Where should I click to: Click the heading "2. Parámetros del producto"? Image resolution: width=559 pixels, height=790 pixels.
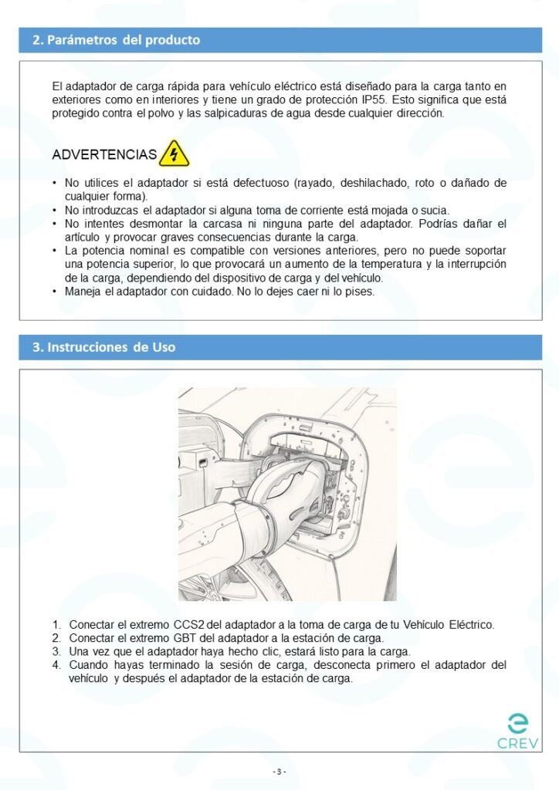pos(116,40)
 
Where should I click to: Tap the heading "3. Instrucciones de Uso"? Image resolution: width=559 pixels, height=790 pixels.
pos(103,347)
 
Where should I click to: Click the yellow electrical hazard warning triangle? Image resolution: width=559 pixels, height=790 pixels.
pos(174,154)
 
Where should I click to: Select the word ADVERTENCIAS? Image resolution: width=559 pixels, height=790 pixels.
pos(104,155)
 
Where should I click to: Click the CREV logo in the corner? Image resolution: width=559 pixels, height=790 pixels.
pos(518,732)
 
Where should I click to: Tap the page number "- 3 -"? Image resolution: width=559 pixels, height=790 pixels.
pos(279,771)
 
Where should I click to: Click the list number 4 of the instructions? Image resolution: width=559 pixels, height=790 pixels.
pos(56,665)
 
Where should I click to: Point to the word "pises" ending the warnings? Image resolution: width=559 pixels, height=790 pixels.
pos(361,292)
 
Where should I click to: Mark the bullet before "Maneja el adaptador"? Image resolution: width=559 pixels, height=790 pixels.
pos(54,292)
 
